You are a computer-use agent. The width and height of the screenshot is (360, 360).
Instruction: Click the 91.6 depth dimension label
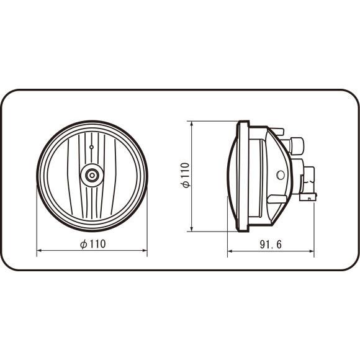tap(271, 244)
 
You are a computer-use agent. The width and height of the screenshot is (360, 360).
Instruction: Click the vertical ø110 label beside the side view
tap(186, 176)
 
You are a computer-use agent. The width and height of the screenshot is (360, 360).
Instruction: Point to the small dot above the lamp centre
tap(92, 147)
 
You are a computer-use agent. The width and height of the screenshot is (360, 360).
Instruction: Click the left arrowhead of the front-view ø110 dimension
tap(40, 251)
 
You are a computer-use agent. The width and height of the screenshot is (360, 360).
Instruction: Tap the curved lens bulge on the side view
tap(233, 175)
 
